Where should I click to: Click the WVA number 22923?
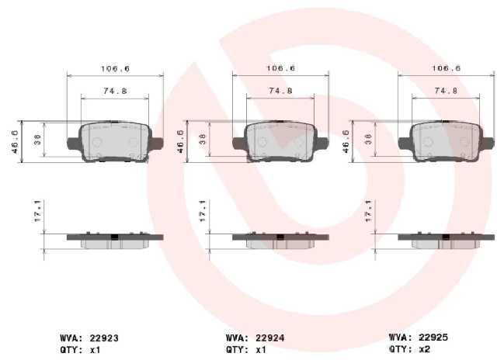pos(104,338)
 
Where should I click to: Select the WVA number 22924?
pos(269,338)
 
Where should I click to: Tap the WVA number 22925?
pos(433,337)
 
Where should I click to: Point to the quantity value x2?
pos(425,349)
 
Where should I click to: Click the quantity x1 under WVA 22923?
pos(95,350)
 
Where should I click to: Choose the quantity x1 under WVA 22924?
pos(261,350)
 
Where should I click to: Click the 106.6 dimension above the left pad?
pos(116,69)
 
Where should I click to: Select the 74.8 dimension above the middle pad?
pos(280,91)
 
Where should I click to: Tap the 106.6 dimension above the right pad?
pos(447,68)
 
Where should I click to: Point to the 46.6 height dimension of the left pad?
pos(15,142)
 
